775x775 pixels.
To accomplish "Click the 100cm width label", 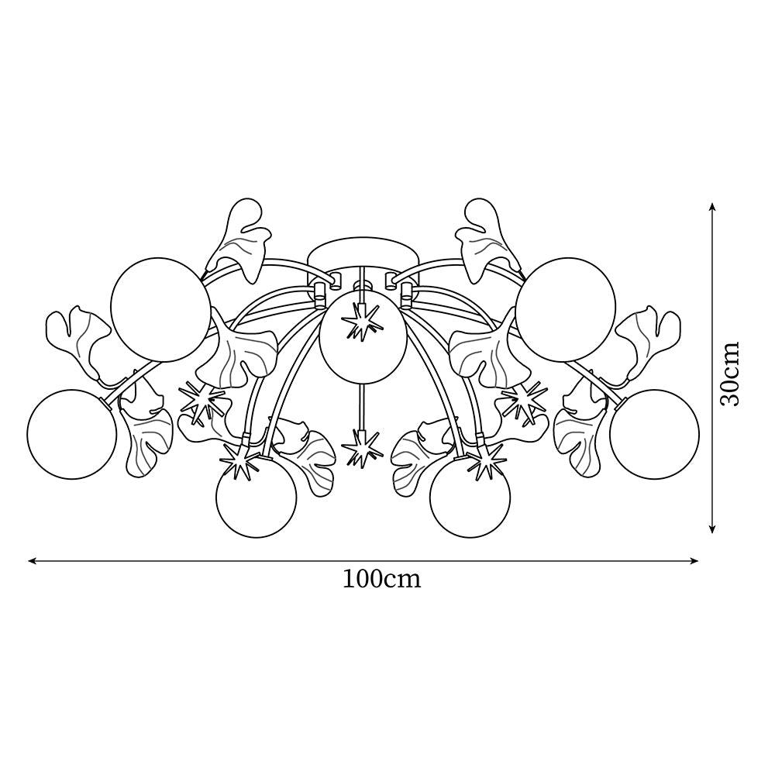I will [382, 579].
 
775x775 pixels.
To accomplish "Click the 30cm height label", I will [730, 374].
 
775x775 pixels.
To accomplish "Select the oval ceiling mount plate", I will [361, 256].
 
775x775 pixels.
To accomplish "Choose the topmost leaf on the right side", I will [484, 236].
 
